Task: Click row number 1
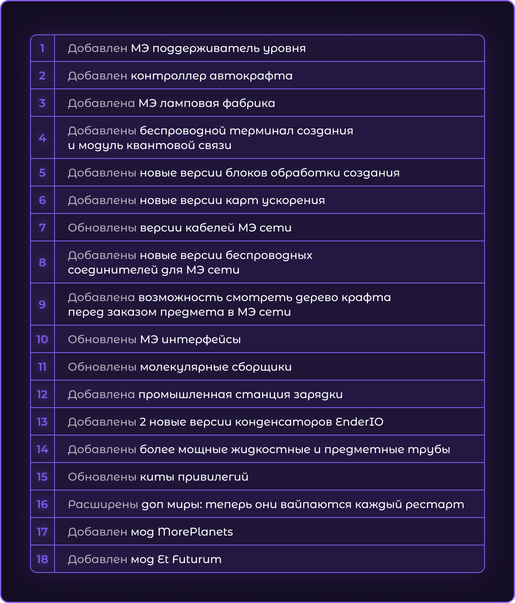pyautogui.click(x=42, y=48)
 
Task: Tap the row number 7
pyautogui.click(x=42, y=228)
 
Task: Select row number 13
pyautogui.click(x=42, y=422)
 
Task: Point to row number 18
pyautogui.click(x=42, y=559)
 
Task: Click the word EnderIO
pyautogui.click(x=359, y=422)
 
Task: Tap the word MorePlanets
pyautogui.click(x=195, y=532)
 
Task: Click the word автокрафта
pyautogui.click(x=251, y=76)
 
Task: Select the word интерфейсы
pyautogui.click(x=201, y=339)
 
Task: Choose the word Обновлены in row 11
pyautogui.click(x=102, y=367)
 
